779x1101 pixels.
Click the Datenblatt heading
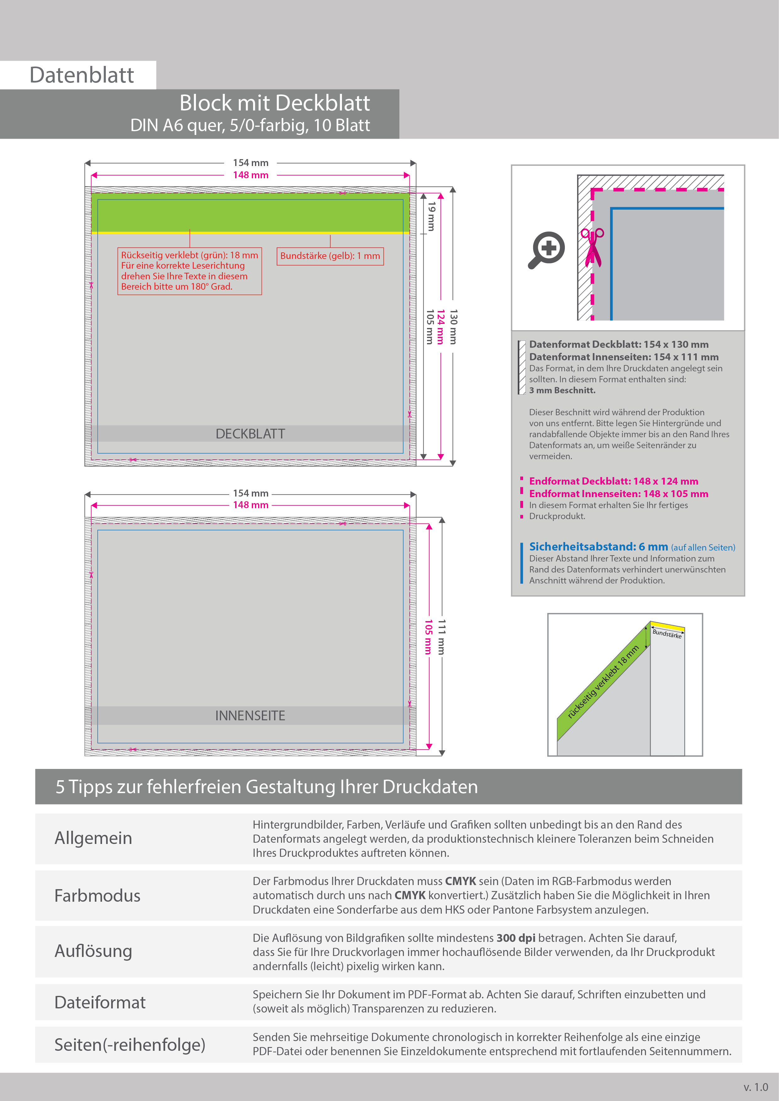tap(82, 75)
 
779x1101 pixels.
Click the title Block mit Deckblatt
tap(274, 103)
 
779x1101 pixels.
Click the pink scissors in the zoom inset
tap(592, 247)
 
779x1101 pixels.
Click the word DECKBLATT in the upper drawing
tap(250, 434)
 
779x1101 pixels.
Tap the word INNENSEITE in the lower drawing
tap(250, 716)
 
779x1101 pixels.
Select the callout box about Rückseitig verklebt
tap(189, 271)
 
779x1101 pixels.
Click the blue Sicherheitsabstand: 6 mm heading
tap(598, 547)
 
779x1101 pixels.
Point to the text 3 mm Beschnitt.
tap(562, 390)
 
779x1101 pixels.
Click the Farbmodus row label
tap(97, 896)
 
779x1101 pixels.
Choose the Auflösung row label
tap(94, 951)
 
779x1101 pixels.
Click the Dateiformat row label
tap(100, 1002)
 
